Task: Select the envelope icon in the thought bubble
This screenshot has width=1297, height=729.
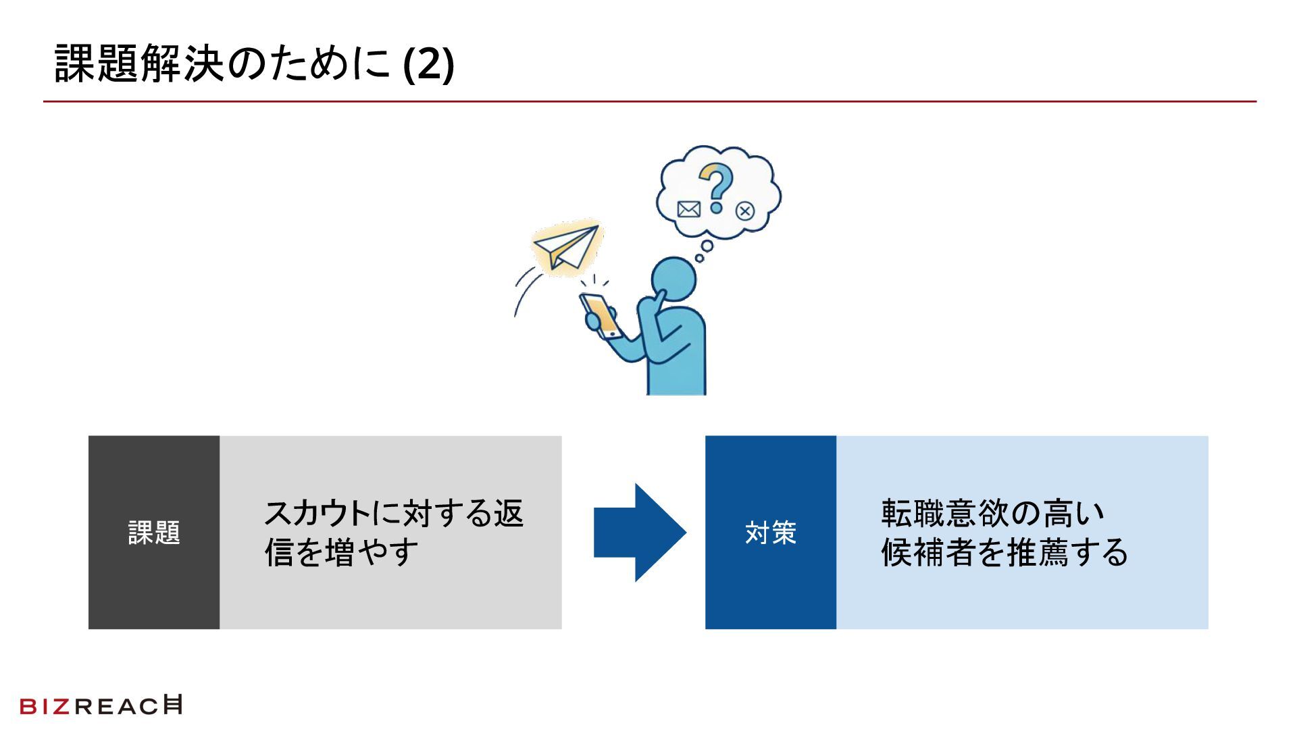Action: click(688, 209)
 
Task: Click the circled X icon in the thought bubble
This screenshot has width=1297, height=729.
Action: click(745, 211)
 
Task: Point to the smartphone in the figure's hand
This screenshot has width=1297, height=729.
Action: click(601, 315)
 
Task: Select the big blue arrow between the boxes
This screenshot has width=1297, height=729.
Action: click(639, 533)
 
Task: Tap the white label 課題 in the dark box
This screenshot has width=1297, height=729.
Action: click(154, 533)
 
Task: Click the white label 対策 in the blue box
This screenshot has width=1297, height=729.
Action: click(771, 533)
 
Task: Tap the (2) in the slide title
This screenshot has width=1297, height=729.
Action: click(428, 65)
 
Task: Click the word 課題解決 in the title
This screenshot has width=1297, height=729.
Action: click(139, 65)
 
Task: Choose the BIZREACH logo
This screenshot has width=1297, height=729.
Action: click(101, 705)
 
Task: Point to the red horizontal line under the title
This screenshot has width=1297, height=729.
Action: click(648, 102)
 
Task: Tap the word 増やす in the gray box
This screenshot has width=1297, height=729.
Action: click(372, 553)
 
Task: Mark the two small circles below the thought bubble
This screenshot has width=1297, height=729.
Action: click(704, 251)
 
